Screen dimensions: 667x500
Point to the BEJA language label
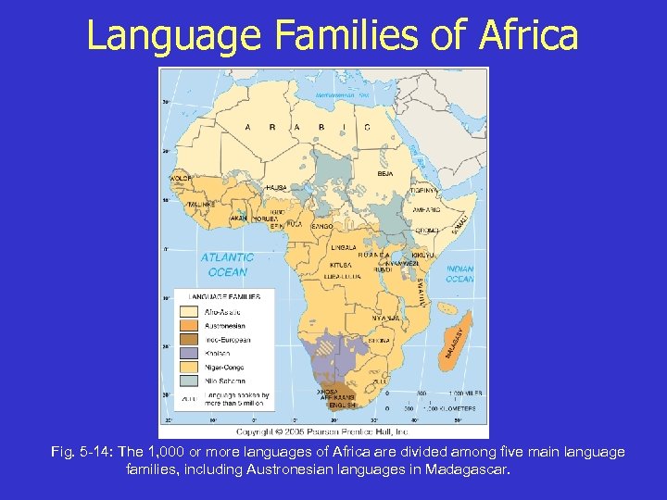click(385, 173)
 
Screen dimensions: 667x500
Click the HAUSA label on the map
click(276, 187)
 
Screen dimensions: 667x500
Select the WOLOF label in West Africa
click(180, 177)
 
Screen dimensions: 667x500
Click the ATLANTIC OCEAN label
click(227, 264)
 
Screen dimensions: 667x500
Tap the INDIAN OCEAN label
click(459, 273)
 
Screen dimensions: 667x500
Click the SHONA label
click(378, 340)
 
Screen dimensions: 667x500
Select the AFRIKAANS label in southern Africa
click(330, 399)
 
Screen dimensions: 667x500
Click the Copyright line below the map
click(322, 431)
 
